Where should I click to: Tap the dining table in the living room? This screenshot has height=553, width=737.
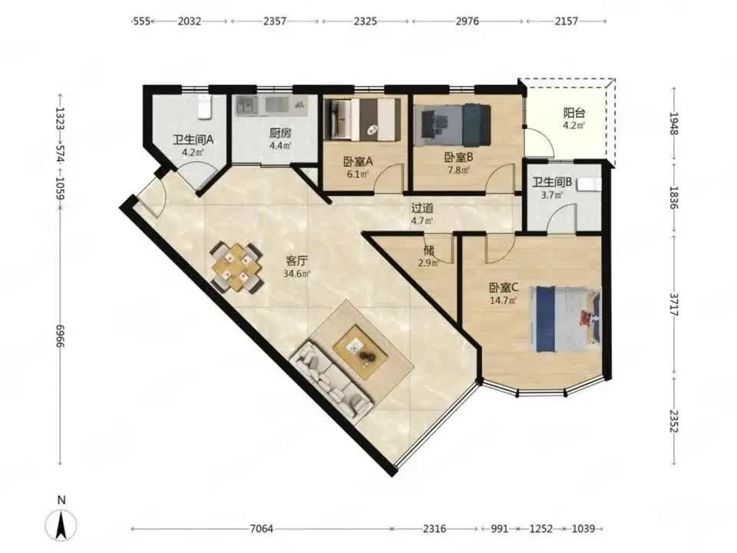236,267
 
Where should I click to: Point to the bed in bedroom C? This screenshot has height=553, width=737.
566,319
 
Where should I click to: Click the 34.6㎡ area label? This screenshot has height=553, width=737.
296,273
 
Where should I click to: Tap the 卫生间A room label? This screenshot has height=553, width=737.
193,140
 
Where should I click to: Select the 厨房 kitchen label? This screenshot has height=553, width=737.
280,133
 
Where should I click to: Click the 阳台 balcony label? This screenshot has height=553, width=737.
574,113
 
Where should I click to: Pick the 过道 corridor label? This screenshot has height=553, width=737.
422,208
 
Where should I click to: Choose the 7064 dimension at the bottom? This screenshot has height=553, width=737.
261,528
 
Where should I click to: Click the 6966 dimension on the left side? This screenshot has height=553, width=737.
60,336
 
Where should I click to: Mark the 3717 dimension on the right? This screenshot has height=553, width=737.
675,305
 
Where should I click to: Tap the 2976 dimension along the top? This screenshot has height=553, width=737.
468,22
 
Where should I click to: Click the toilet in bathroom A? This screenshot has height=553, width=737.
205,106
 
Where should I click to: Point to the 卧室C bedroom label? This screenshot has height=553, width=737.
504,287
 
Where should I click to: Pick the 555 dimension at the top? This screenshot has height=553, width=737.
141,22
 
